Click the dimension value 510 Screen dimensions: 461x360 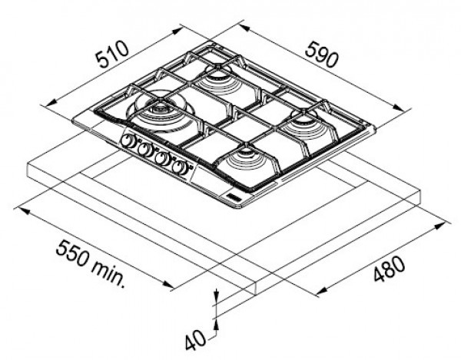(113, 54)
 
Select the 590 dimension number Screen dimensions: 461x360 (322, 54)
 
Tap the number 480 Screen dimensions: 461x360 (390, 269)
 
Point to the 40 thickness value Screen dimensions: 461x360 (195, 340)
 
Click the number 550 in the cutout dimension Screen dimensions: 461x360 (72, 253)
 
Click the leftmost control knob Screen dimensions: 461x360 (128, 141)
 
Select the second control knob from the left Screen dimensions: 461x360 (145, 150)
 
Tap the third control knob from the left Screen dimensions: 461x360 (162, 159)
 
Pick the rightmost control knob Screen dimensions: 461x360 (180, 167)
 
